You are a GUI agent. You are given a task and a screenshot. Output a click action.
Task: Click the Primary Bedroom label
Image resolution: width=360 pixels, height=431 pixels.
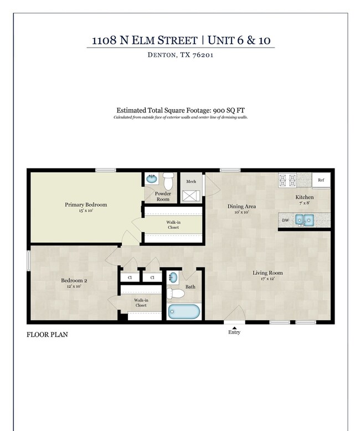86,205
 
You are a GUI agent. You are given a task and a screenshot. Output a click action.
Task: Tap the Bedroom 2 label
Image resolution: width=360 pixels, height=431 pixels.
74,280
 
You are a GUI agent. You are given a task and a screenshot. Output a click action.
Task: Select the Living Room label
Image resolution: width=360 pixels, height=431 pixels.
268,273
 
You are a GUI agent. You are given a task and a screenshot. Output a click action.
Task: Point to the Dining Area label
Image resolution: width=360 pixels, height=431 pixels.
241,207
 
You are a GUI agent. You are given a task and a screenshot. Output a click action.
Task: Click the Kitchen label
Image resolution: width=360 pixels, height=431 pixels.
304,197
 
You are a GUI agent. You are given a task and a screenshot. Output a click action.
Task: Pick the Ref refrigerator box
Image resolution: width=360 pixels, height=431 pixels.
321,180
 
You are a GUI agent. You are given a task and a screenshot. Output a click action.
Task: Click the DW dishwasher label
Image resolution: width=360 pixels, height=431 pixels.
286,220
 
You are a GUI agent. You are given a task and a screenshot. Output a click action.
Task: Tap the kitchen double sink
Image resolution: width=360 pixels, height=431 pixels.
304,220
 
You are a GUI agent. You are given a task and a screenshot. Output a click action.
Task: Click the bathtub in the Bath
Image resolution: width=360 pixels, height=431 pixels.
183,311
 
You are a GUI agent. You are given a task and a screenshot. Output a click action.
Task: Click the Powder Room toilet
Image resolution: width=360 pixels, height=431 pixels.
168,180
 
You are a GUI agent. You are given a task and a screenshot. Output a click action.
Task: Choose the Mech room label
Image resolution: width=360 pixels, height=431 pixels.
191,181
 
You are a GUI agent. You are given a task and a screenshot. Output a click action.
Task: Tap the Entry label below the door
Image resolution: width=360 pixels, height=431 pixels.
234,332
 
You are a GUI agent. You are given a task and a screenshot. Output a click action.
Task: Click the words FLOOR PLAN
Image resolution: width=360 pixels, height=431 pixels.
47,335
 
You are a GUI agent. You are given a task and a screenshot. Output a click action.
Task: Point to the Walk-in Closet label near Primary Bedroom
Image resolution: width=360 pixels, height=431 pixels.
173,224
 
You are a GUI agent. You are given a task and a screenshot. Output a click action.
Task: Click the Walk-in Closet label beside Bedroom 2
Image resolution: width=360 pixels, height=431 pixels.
140,302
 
